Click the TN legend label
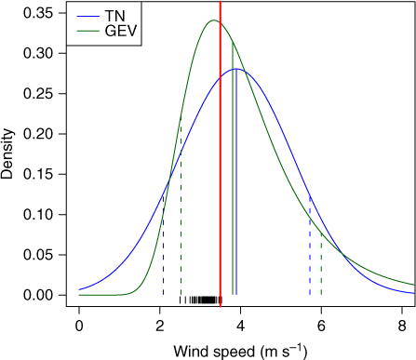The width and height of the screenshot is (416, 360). click(114, 16)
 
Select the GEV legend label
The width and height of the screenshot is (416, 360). click(121, 31)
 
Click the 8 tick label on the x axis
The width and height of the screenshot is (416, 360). click(402, 327)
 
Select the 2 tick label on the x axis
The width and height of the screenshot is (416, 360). click(160, 327)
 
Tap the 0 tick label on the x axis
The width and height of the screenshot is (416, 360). click(79, 327)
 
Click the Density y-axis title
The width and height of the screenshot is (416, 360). click(7, 154)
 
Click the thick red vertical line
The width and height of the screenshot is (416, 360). click(221, 154)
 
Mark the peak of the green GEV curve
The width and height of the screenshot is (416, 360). click(213, 20)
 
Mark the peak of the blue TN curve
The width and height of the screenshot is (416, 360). click(236, 69)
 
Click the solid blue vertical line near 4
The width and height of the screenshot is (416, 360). click(236, 181)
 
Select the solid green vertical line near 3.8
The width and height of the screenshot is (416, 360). click(233, 168)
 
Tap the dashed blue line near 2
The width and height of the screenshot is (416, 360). click(163, 245)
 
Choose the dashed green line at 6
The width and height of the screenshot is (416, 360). click(321, 263)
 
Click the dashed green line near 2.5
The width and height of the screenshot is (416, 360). click(181, 207)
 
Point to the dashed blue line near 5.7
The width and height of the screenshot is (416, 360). click(310, 245)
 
